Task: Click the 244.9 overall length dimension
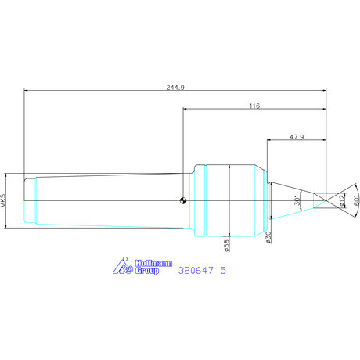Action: click(x=175, y=87)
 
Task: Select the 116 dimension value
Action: click(x=254, y=106)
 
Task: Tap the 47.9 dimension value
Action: click(x=297, y=137)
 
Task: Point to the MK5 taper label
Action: click(x=3, y=200)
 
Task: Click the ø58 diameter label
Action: click(x=227, y=246)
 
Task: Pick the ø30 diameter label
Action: click(x=268, y=237)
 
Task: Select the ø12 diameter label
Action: click(x=342, y=200)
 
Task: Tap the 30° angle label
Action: click(x=297, y=200)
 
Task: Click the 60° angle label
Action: click(x=357, y=200)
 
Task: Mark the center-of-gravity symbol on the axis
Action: click(x=183, y=200)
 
